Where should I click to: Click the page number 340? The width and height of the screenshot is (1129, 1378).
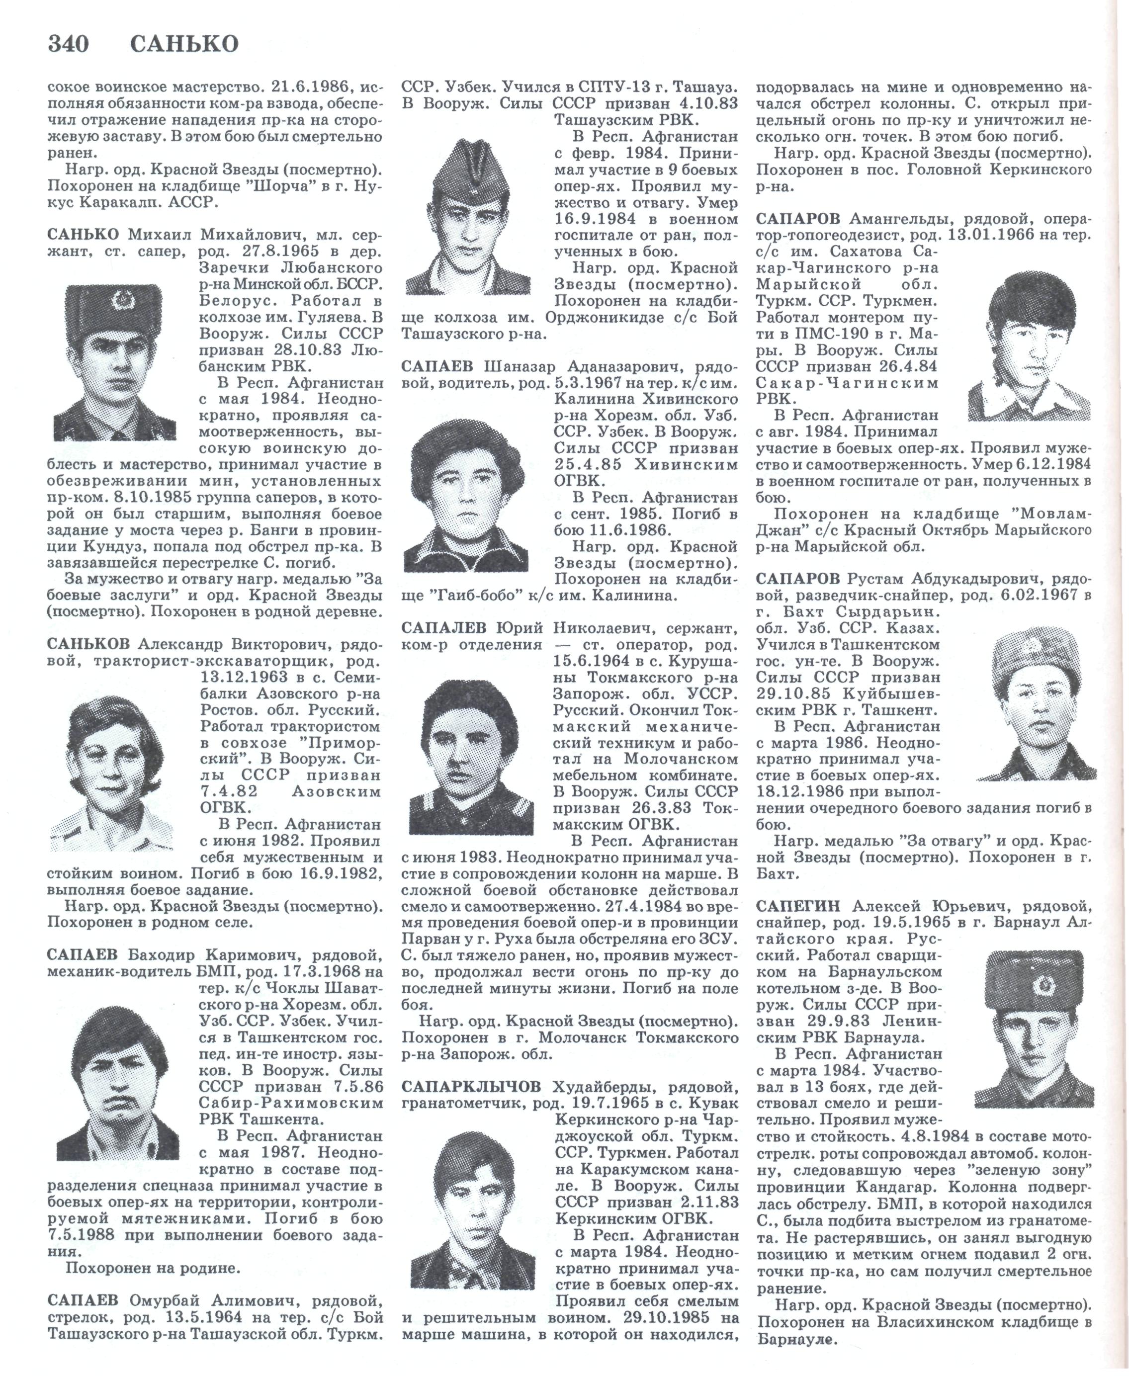[x=68, y=44]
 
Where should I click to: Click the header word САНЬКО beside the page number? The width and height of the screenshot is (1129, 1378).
[x=184, y=44]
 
